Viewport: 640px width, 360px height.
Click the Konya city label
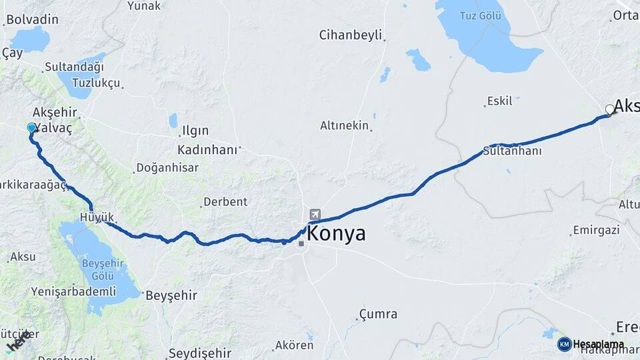(x=337, y=233)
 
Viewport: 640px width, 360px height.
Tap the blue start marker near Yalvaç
(x=31, y=127)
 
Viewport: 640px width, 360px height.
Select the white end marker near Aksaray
(x=609, y=109)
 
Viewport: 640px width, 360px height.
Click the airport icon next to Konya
(x=315, y=215)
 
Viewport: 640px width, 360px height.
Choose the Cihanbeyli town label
(x=350, y=35)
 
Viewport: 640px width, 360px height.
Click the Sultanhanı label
(x=512, y=151)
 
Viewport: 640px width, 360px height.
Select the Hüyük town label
(x=97, y=217)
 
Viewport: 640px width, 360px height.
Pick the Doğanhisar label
(x=167, y=168)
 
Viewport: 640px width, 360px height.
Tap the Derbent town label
(x=225, y=201)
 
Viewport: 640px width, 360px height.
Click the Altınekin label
(x=344, y=125)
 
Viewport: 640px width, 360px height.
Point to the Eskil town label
(x=500, y=101)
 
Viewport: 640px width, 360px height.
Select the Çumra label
(x=378, y=313)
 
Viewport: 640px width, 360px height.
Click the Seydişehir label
(x=200, y=353)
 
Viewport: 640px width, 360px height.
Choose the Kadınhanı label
(x=207, y=149)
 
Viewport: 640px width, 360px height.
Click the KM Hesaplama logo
(x=591, y=344)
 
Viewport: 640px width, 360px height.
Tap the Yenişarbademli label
(x=73, y=291)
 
